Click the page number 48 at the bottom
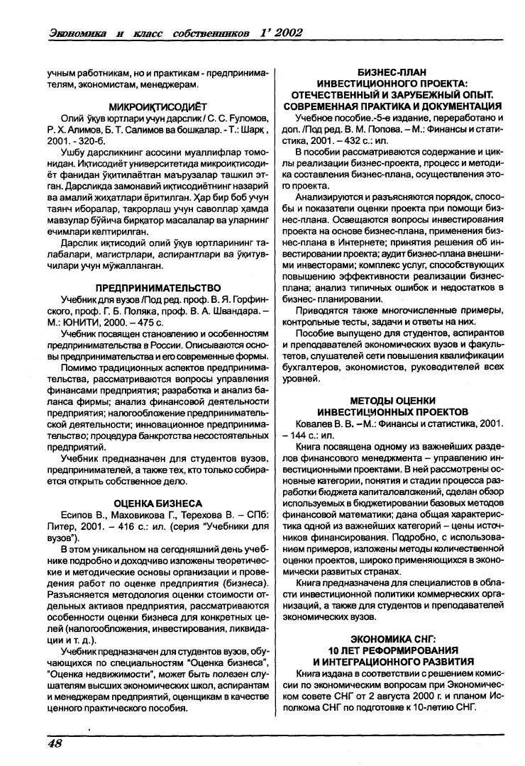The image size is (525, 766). tap(54, 743)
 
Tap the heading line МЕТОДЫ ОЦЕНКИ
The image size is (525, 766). tap(393, 400)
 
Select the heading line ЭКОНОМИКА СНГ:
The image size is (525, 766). tap(392, 638)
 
